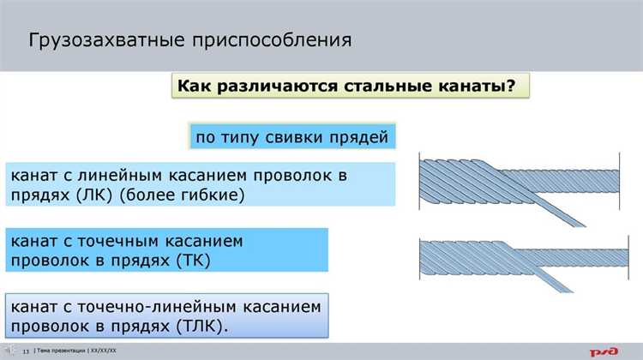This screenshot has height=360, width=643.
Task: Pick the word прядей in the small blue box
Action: point(364,137)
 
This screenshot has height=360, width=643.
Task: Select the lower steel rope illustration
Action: point(518,257)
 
